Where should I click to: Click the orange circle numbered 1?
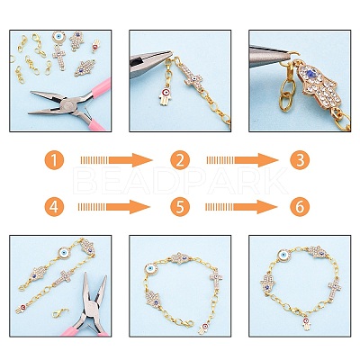click(x=54, y=160)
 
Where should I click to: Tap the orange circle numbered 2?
click(x=180, y=160)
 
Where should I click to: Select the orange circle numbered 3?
click(x=300, y=160)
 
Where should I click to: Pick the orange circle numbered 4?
click(x=54, y=207)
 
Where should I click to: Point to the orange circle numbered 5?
click(x=180, y=207)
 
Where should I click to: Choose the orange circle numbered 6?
click(x=300, y=207)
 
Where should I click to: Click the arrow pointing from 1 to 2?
click(x=116, y=160)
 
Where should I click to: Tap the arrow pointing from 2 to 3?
click(x=242, y=160)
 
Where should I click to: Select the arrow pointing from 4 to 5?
click(x=113, y=207)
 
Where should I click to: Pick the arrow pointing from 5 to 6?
click(x=241, y=207)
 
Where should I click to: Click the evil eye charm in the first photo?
click(x=58, y=38)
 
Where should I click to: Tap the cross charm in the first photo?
click(x=59, y=57)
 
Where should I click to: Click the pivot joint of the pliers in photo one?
click(x=68, y=105)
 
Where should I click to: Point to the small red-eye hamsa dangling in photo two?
click(x=165, y=95)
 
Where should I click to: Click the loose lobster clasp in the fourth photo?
click(x=60, y=312)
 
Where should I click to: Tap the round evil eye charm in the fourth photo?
click(x=65, y=253)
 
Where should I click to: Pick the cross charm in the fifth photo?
click(x=216, y=280)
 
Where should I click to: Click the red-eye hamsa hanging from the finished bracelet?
click(x=306, y=323)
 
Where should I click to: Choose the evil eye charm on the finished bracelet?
click(x=283, y=256)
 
